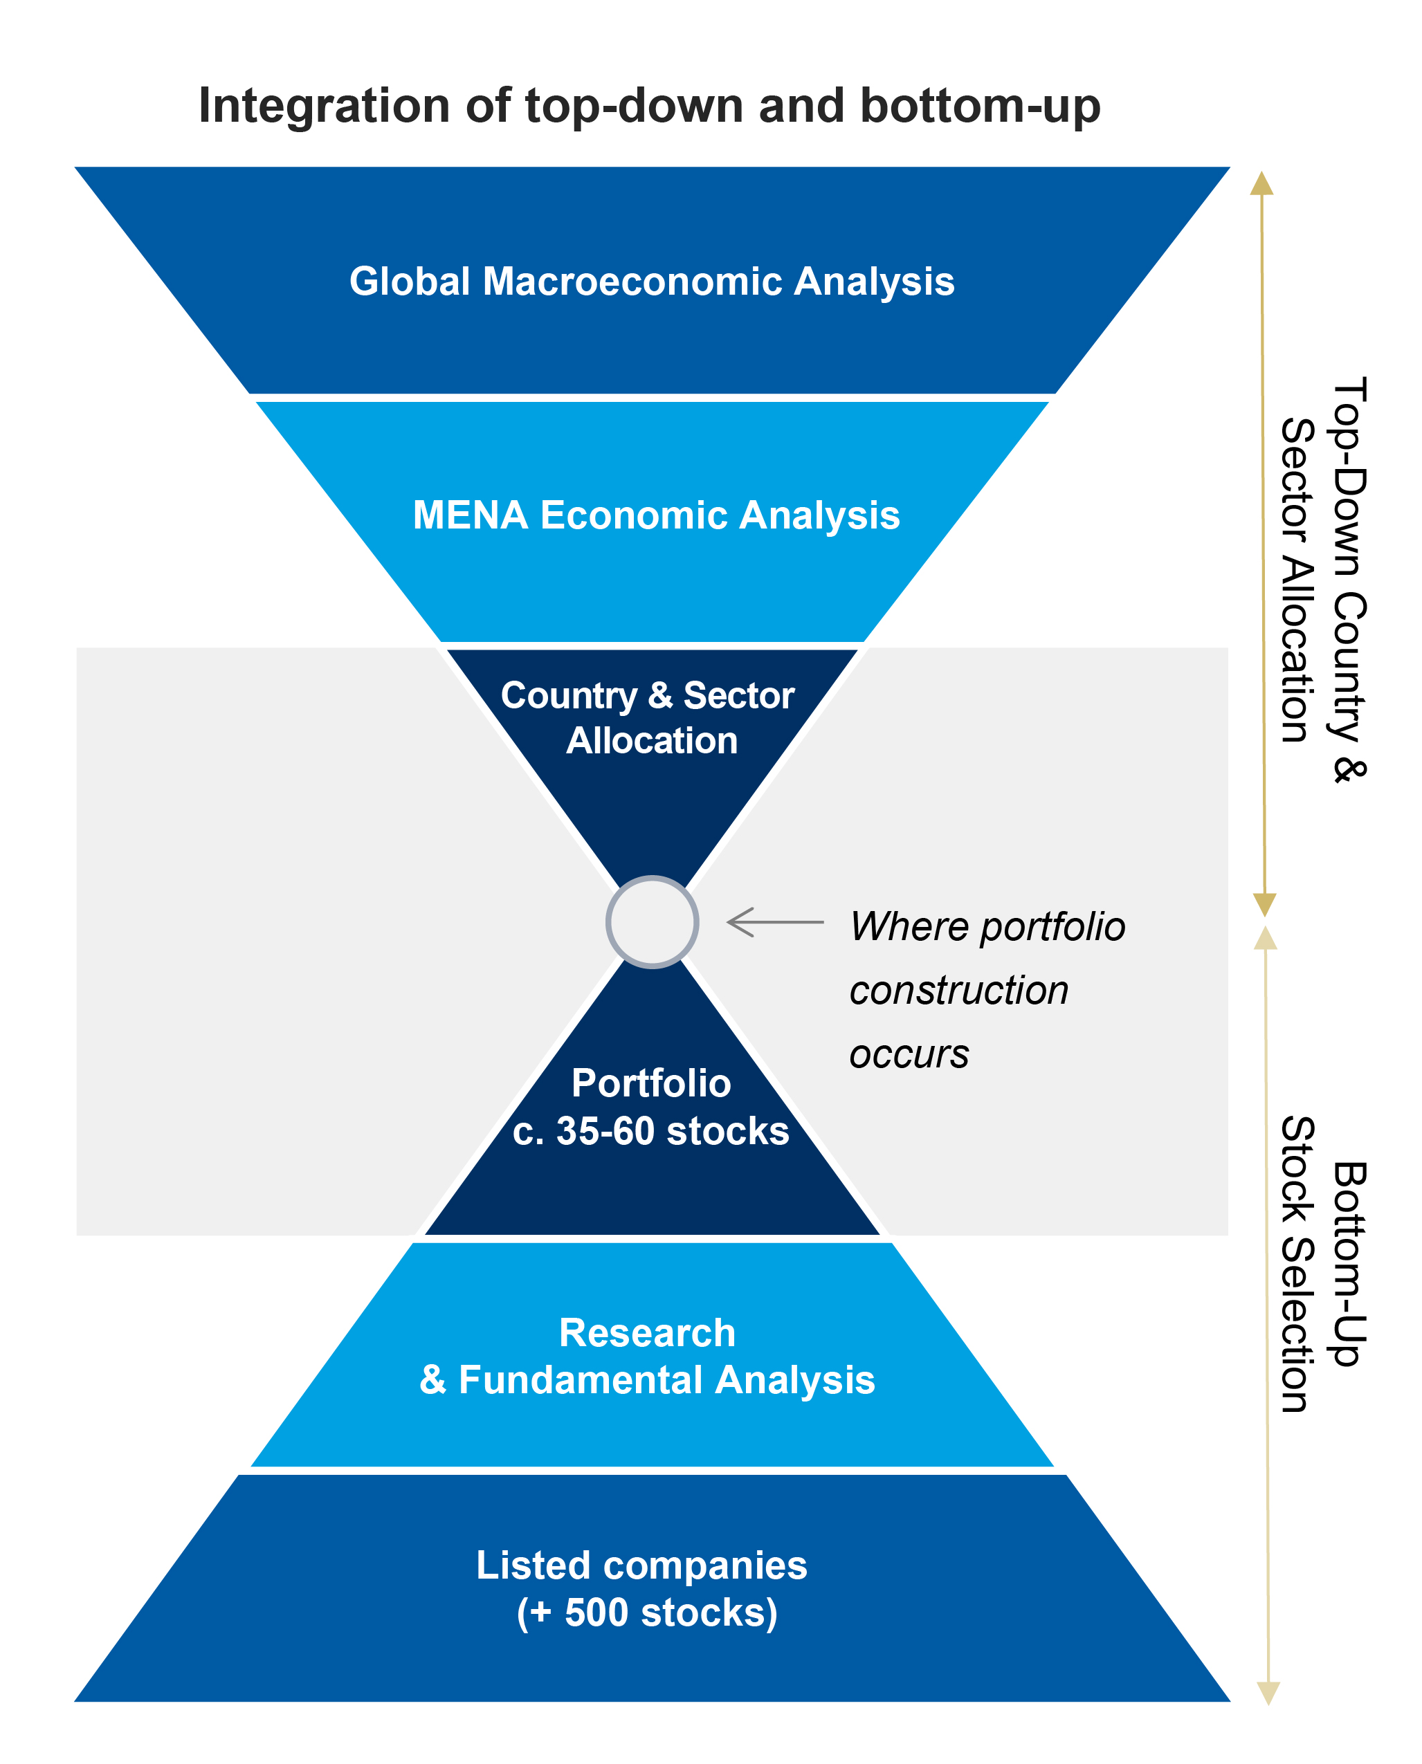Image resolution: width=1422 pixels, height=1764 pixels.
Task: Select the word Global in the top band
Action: [x=410, y=281]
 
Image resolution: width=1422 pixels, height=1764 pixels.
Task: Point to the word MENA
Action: [x=470, y=515]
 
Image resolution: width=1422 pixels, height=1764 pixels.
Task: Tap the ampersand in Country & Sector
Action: [x=660, y=695]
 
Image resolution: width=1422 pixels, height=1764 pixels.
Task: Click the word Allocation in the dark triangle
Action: [x=652, y=740]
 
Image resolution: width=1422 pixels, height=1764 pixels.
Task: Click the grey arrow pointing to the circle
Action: [x=775, y=922]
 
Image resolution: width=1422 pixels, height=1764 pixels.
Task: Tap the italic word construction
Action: [x=959, y=991]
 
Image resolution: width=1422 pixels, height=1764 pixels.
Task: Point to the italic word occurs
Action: [x=909, y=1055]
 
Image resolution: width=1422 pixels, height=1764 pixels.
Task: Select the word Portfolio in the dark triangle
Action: [x=651, y=1083]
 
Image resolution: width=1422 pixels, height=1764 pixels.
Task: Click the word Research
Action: [x=647, y=1332]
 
